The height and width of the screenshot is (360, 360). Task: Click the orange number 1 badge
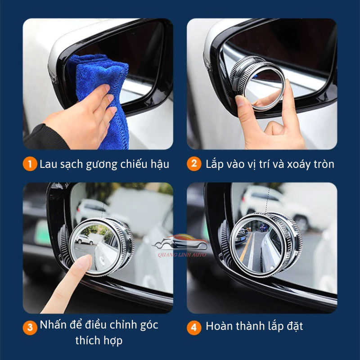coord(30,164)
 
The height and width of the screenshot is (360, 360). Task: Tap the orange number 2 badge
coord(194,164)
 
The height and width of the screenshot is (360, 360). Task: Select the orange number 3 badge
coord(30,327)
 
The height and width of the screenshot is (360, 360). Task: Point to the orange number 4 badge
coord(194,327)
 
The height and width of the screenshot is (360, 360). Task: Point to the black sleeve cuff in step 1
coord(45,137)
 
